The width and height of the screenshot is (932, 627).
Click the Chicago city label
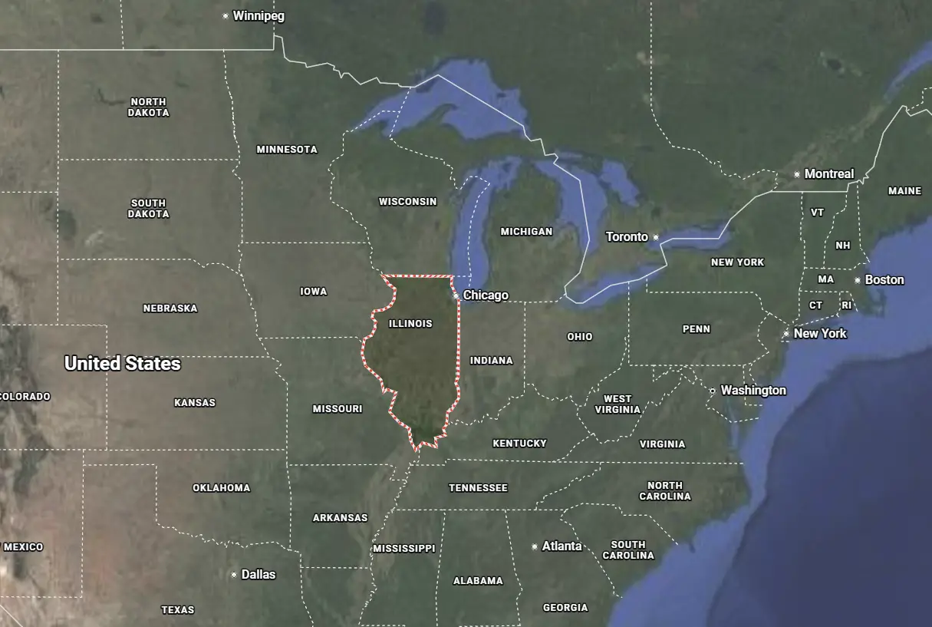[x=486, y=295]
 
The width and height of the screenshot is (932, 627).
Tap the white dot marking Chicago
[x=456, y=295]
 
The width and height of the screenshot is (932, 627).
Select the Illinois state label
[x=410, y=324]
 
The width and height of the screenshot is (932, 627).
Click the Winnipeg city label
[x=259, y=16]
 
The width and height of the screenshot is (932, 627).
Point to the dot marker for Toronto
[x=656, y=237]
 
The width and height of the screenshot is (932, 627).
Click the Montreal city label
[x=828, y=174]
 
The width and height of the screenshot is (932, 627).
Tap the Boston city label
[x=884, y=280]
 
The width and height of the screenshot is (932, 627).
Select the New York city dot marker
[x=786, y=334]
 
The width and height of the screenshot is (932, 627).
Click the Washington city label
[x=753, y=391]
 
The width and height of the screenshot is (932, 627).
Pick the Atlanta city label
[x=562, y=546]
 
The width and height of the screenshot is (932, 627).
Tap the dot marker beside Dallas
[x=234, y=575]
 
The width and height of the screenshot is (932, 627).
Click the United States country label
[x=123, y=364]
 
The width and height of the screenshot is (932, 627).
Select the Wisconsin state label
[x=407, y=202]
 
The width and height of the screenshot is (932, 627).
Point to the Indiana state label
[x=492, y=361]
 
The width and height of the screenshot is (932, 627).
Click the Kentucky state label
[x=519, y=444]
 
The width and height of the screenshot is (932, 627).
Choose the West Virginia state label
[x=617, y=404]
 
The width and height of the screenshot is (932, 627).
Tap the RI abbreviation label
[x=847, y=305]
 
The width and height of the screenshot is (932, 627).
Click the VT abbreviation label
[x=818, y=213]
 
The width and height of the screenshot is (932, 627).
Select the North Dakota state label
[x=149, y=107]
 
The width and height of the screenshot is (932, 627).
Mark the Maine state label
[x=904, y=191]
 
